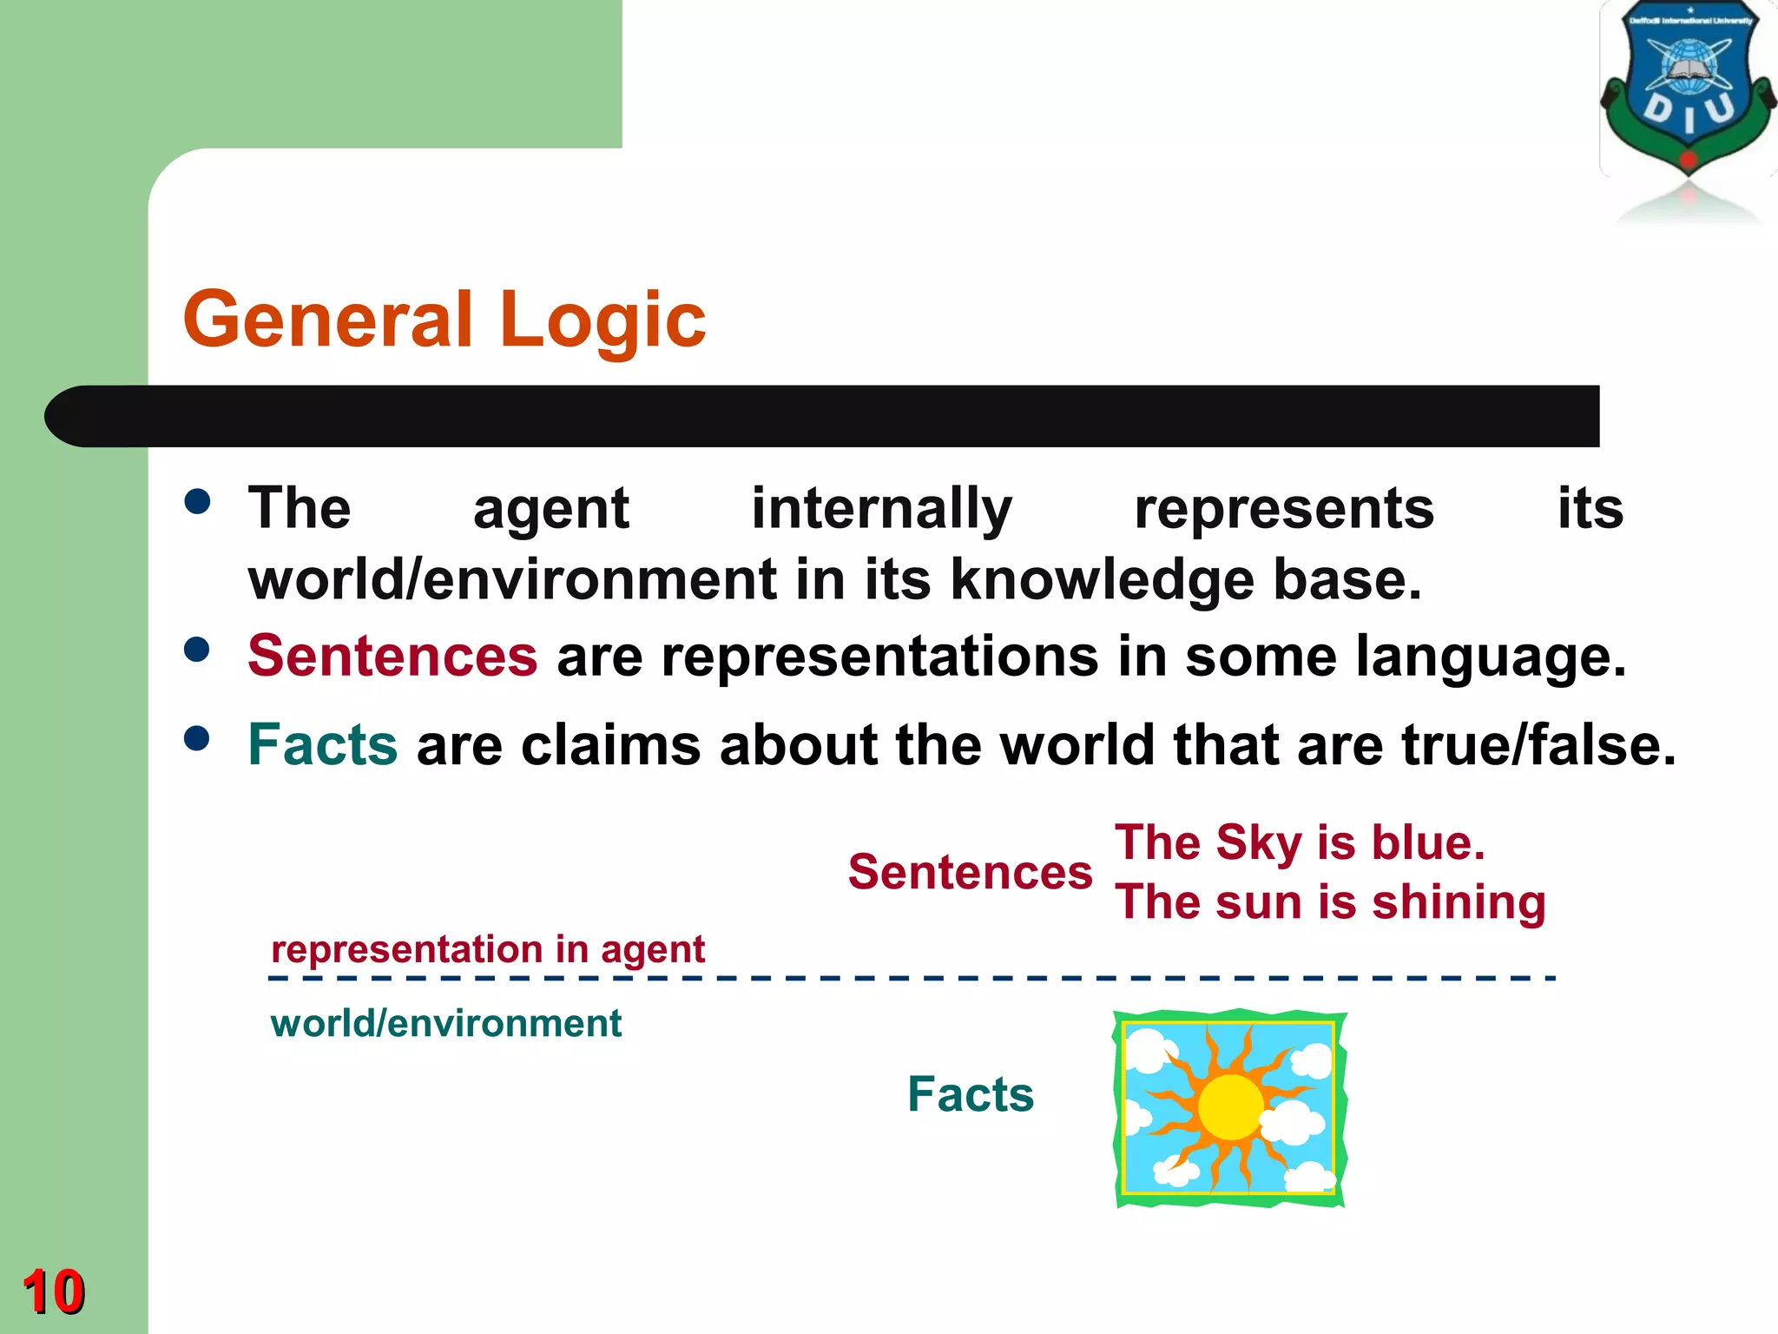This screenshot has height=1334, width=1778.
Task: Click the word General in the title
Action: pyautogui.click(x=329, y=320)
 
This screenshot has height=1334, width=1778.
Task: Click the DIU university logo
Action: pyautogui.click(x=1687, y=96)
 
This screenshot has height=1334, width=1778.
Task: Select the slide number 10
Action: pyautogui.click(x=53, y=1291)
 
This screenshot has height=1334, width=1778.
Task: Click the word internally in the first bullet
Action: pyautogui.click(x=881, y=509)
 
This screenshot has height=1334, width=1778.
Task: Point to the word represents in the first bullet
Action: pyautogui.click(x=1284, y=509)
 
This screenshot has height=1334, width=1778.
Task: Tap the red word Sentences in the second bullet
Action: pyautogui.click(x=392, y=656)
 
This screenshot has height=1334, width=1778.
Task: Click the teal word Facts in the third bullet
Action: pyautogui.click(x=323, y=745)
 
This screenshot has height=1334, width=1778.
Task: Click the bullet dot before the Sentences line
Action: pyautogui.click(x=198, y=650)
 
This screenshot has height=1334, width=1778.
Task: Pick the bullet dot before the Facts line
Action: pyautogui.click(x=198, y=738)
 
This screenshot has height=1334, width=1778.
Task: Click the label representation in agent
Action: pyautogui.click(x=488, y=949)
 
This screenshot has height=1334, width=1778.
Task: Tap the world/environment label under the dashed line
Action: pyautogui.click(x=446, y=1023)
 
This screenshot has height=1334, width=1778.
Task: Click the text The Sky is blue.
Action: pyautogui.click(x=1300, y=842)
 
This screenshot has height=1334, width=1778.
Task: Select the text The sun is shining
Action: pyautogui.click(x=1330, y=901)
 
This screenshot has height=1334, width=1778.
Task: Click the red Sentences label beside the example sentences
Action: pyautogui.click(x=970, y=872)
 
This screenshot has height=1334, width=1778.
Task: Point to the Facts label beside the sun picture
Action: pyautogui.click(x=971, y=1093)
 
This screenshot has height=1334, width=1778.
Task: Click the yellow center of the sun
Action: pyautogui.click(x=1230, y=1107)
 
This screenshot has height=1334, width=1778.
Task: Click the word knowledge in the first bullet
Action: pyautogui.click(x=1102, y=580)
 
